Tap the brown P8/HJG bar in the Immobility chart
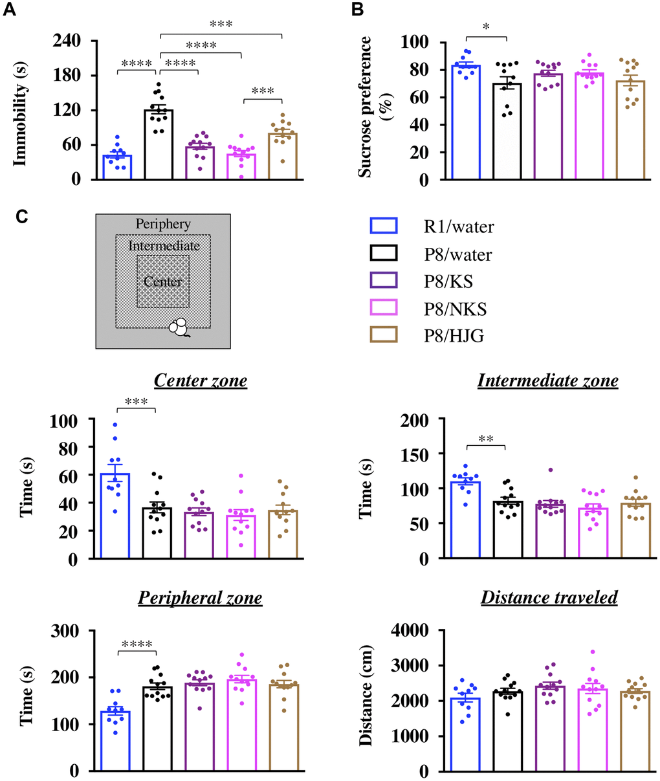tap(283, 156)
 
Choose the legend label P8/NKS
tap(455, 309)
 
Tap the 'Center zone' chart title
tap(201, 380)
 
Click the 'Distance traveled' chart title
tap(549, 597)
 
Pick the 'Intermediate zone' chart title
tap(547, 380)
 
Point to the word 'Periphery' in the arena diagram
tap(163, 224)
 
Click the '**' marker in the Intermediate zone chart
tap(485, 439)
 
